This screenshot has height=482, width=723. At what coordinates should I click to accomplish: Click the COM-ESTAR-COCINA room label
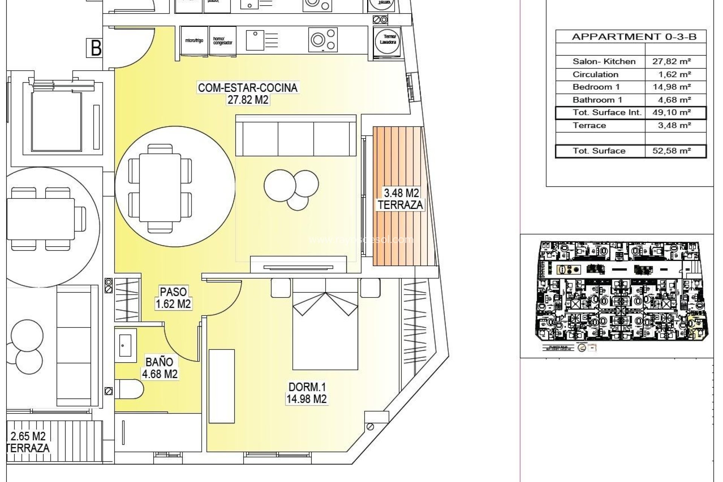(248, 88)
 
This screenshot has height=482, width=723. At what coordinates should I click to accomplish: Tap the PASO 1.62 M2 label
(173, 297)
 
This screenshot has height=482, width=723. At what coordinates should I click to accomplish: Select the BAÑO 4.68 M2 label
(159, 368)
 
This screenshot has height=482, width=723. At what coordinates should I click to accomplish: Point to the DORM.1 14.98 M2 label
(306, 393)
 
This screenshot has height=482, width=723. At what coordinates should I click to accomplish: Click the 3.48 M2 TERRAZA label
(401, 199)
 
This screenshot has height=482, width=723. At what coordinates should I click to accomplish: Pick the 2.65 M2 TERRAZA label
(28, 442)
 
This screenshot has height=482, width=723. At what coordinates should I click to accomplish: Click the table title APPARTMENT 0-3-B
(634, 37)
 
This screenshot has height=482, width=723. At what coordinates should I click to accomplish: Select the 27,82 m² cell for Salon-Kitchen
(671, 61)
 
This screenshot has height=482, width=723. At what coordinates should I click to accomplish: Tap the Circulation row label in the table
(595, 74)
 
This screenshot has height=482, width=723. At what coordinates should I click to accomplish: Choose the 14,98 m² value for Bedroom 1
(671, 87)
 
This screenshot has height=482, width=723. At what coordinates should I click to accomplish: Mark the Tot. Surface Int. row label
(607, 112)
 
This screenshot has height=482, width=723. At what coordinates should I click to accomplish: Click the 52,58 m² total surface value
(671, 151)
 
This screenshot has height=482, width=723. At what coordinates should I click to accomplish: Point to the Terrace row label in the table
(589, 125)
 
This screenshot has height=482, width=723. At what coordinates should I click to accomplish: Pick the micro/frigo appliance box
(194, 41)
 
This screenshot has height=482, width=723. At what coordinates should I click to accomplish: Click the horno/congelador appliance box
(223, 41)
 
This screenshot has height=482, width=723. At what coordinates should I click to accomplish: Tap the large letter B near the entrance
(96, 48)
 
